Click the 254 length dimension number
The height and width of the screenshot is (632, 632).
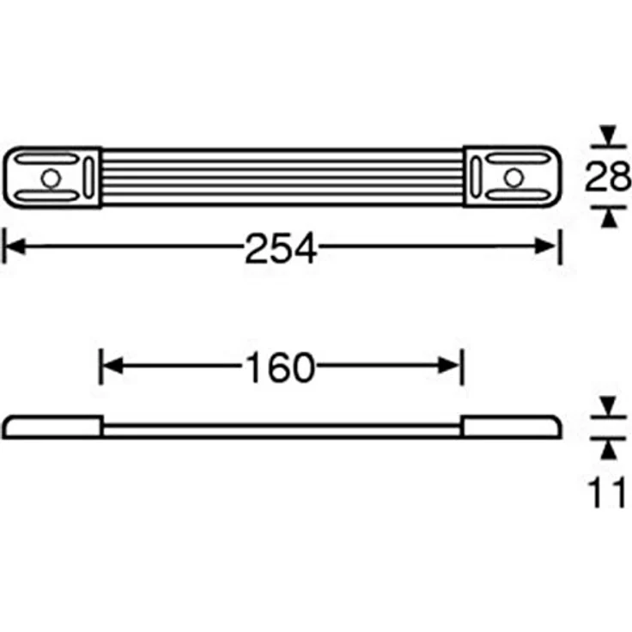pos(281,247)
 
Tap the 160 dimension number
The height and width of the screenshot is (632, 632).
pos(279,368)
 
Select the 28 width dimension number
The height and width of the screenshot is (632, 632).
pos(608,176)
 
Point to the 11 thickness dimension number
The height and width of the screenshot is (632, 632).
pos(606,492)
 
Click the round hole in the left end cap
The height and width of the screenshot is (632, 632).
pos(51,178)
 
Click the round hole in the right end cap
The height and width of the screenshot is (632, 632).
pos(513,178)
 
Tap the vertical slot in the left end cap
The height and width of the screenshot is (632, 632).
pos(88,178)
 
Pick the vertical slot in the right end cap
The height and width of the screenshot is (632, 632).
pos(476,177)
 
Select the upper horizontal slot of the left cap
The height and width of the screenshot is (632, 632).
pos(47,159)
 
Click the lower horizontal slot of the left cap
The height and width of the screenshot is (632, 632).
pos(47,196)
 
